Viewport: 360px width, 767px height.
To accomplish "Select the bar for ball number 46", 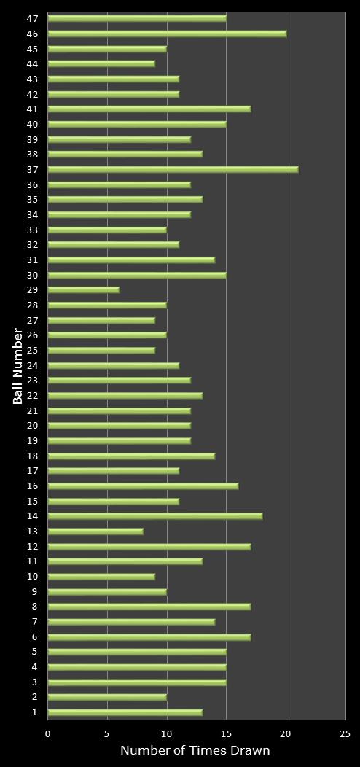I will coord(167,34).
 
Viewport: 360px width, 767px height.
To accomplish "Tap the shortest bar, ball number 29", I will coord(83,289).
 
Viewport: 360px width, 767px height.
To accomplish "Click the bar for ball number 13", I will coord(95,532).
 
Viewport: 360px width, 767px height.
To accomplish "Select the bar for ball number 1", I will coord(125,712).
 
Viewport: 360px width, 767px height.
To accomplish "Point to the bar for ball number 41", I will coord(149,109).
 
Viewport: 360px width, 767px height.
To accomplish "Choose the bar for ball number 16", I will coord(143,486).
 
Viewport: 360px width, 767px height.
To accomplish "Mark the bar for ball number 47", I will coord(137,18).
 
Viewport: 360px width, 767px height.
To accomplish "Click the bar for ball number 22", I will coord(125,395).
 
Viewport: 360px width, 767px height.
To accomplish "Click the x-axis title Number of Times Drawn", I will coord(195,750).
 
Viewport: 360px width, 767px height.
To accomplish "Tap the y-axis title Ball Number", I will coord(18,365).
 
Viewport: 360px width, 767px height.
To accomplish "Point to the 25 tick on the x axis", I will coord(345,733).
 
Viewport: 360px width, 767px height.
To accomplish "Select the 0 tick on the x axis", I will coord(48,733).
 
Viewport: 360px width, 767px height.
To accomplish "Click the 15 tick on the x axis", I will coord(226,733).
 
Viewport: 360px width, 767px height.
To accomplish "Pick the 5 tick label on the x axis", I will coord(107,733).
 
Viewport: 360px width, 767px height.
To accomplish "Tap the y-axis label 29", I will coord(33,290).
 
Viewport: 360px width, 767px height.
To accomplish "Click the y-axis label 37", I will coord(33,169).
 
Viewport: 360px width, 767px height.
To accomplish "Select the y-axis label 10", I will coord(33,577).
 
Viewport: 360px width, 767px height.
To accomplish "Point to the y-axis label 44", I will coord(33,64).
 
